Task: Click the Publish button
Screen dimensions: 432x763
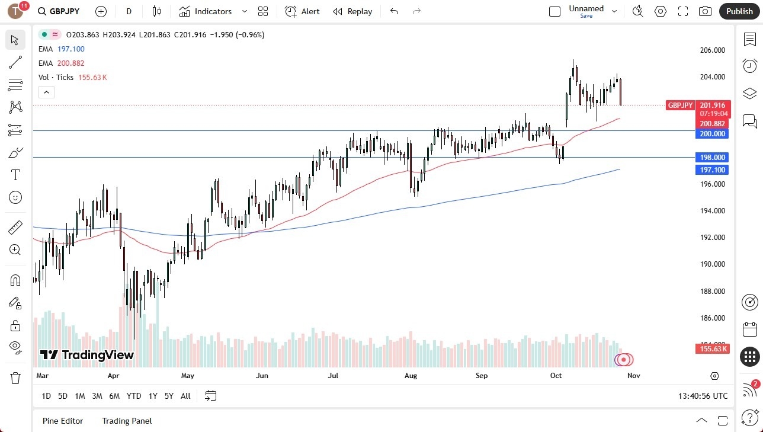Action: coord(739,11)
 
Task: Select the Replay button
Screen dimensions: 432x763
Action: coord(352,11)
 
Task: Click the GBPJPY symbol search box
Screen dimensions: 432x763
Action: coord(59,11)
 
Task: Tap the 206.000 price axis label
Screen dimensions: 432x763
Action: coord(712,50)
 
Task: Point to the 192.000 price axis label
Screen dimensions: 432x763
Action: coord(712,238)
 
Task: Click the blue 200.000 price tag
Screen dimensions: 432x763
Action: coord(712,134)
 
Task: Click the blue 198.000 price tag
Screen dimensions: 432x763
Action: coord(712,158)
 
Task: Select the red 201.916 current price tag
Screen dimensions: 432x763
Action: coord(712,105)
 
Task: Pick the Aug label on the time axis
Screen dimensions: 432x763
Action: coord(410,376)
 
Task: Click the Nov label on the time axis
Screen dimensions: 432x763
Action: coord(633,376)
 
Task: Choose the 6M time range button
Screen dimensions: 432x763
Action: coord(115,396)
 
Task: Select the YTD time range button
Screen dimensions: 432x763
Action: coord(134,396)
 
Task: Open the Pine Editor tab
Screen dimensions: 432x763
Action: coord(63,421)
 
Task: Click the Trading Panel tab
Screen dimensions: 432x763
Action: coord(127,421)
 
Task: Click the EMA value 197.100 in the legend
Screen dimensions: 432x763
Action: coord(70,49)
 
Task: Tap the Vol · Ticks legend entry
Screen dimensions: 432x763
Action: coord(56,78)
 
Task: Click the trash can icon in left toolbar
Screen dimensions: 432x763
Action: coord(15,377)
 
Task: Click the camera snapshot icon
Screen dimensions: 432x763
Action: coord(705,11)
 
